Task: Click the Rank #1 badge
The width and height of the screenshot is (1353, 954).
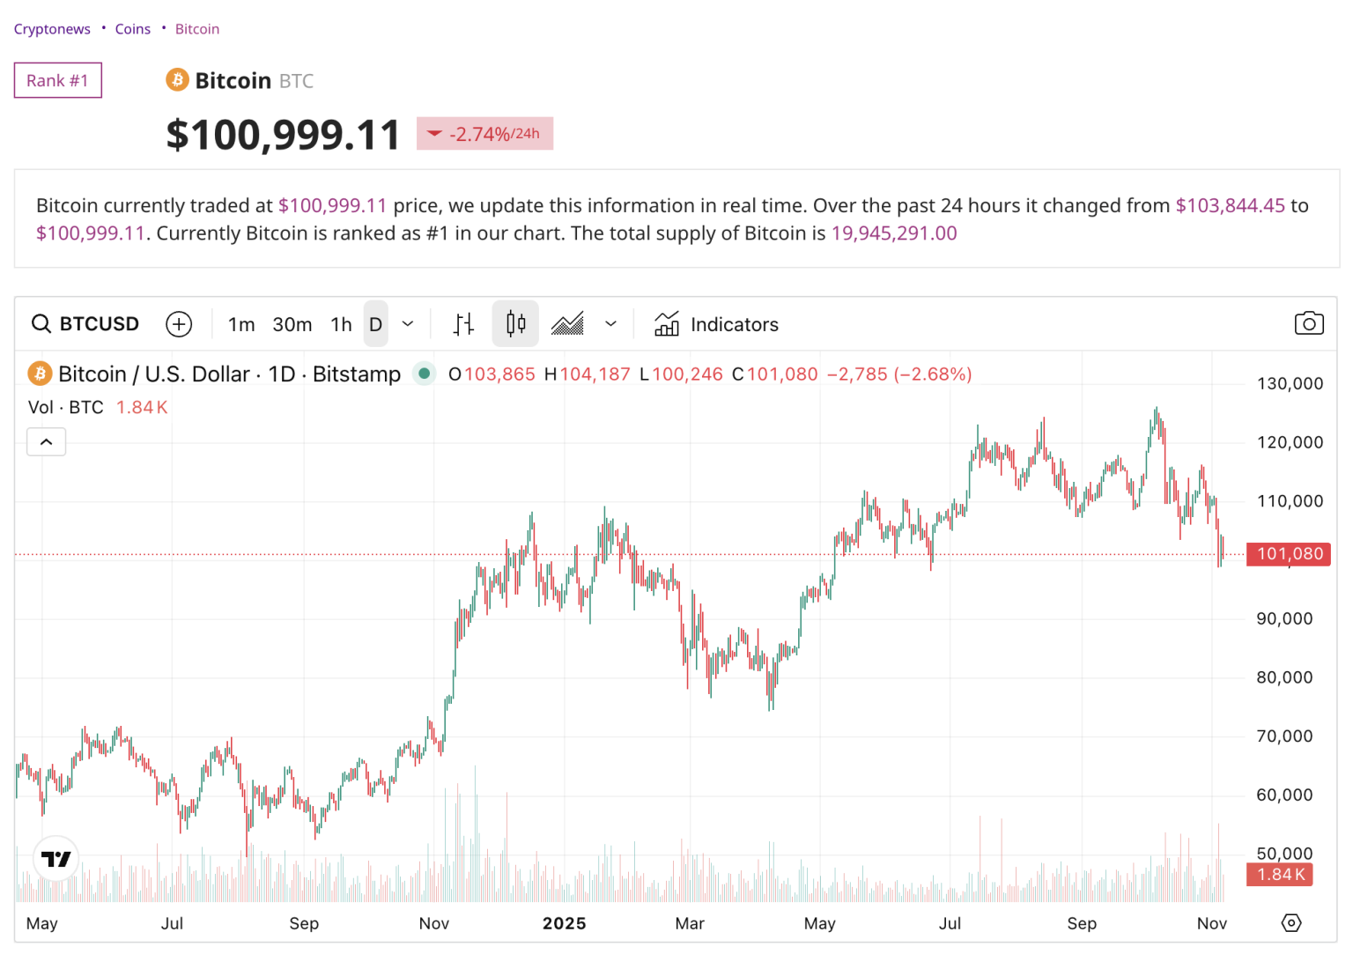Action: (57, 80)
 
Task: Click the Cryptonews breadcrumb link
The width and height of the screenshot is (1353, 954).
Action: (52, 29)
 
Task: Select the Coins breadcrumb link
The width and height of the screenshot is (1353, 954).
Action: (132, 29)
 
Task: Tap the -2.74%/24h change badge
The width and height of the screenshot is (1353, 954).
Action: (484, 134)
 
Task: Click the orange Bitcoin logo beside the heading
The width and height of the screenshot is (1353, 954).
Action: (177, 80)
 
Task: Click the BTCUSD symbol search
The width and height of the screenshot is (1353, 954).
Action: (86, 324)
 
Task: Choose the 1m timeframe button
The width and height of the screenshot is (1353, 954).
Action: (241, 324)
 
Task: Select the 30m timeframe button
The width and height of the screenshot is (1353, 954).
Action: (292, 324)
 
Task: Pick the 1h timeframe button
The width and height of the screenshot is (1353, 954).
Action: (341, 324)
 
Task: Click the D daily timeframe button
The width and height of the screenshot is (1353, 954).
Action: (375, 324)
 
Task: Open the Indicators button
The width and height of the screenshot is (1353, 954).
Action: (717, 324)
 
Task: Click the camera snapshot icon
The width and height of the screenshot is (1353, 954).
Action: (1309, 323)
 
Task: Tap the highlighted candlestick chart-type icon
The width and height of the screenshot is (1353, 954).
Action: (516, 324)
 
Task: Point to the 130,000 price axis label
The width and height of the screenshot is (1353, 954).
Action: (1290, 383)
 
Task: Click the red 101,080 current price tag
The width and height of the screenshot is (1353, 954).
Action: (1289, 554)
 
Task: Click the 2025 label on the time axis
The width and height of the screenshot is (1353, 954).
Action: (564, 923)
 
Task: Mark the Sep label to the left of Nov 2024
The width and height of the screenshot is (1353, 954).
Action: (304, 923)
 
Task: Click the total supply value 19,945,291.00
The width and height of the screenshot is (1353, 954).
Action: (894, 233)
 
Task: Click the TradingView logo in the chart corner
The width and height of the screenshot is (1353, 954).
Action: (56, 859)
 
